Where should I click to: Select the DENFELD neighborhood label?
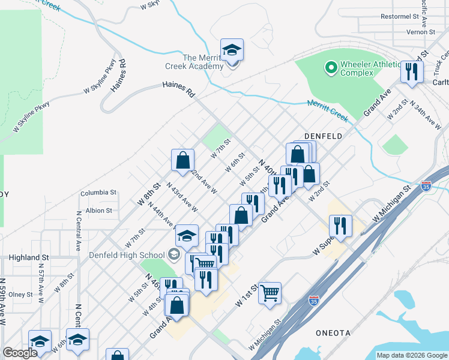click(x=323, y=137)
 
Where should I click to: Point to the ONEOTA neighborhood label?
click(x=333, y=332)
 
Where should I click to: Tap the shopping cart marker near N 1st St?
click(x=270, y=293)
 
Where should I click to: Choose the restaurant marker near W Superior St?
click(x=340, y=226)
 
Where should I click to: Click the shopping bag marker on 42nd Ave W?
click(x=183, y=160)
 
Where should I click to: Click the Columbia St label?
click(x=98, y=193)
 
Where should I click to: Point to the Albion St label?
click(x=99, y=211)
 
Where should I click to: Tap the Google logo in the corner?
click(x=20, y=353)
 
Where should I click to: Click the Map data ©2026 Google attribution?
click(x=411, y=355)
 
